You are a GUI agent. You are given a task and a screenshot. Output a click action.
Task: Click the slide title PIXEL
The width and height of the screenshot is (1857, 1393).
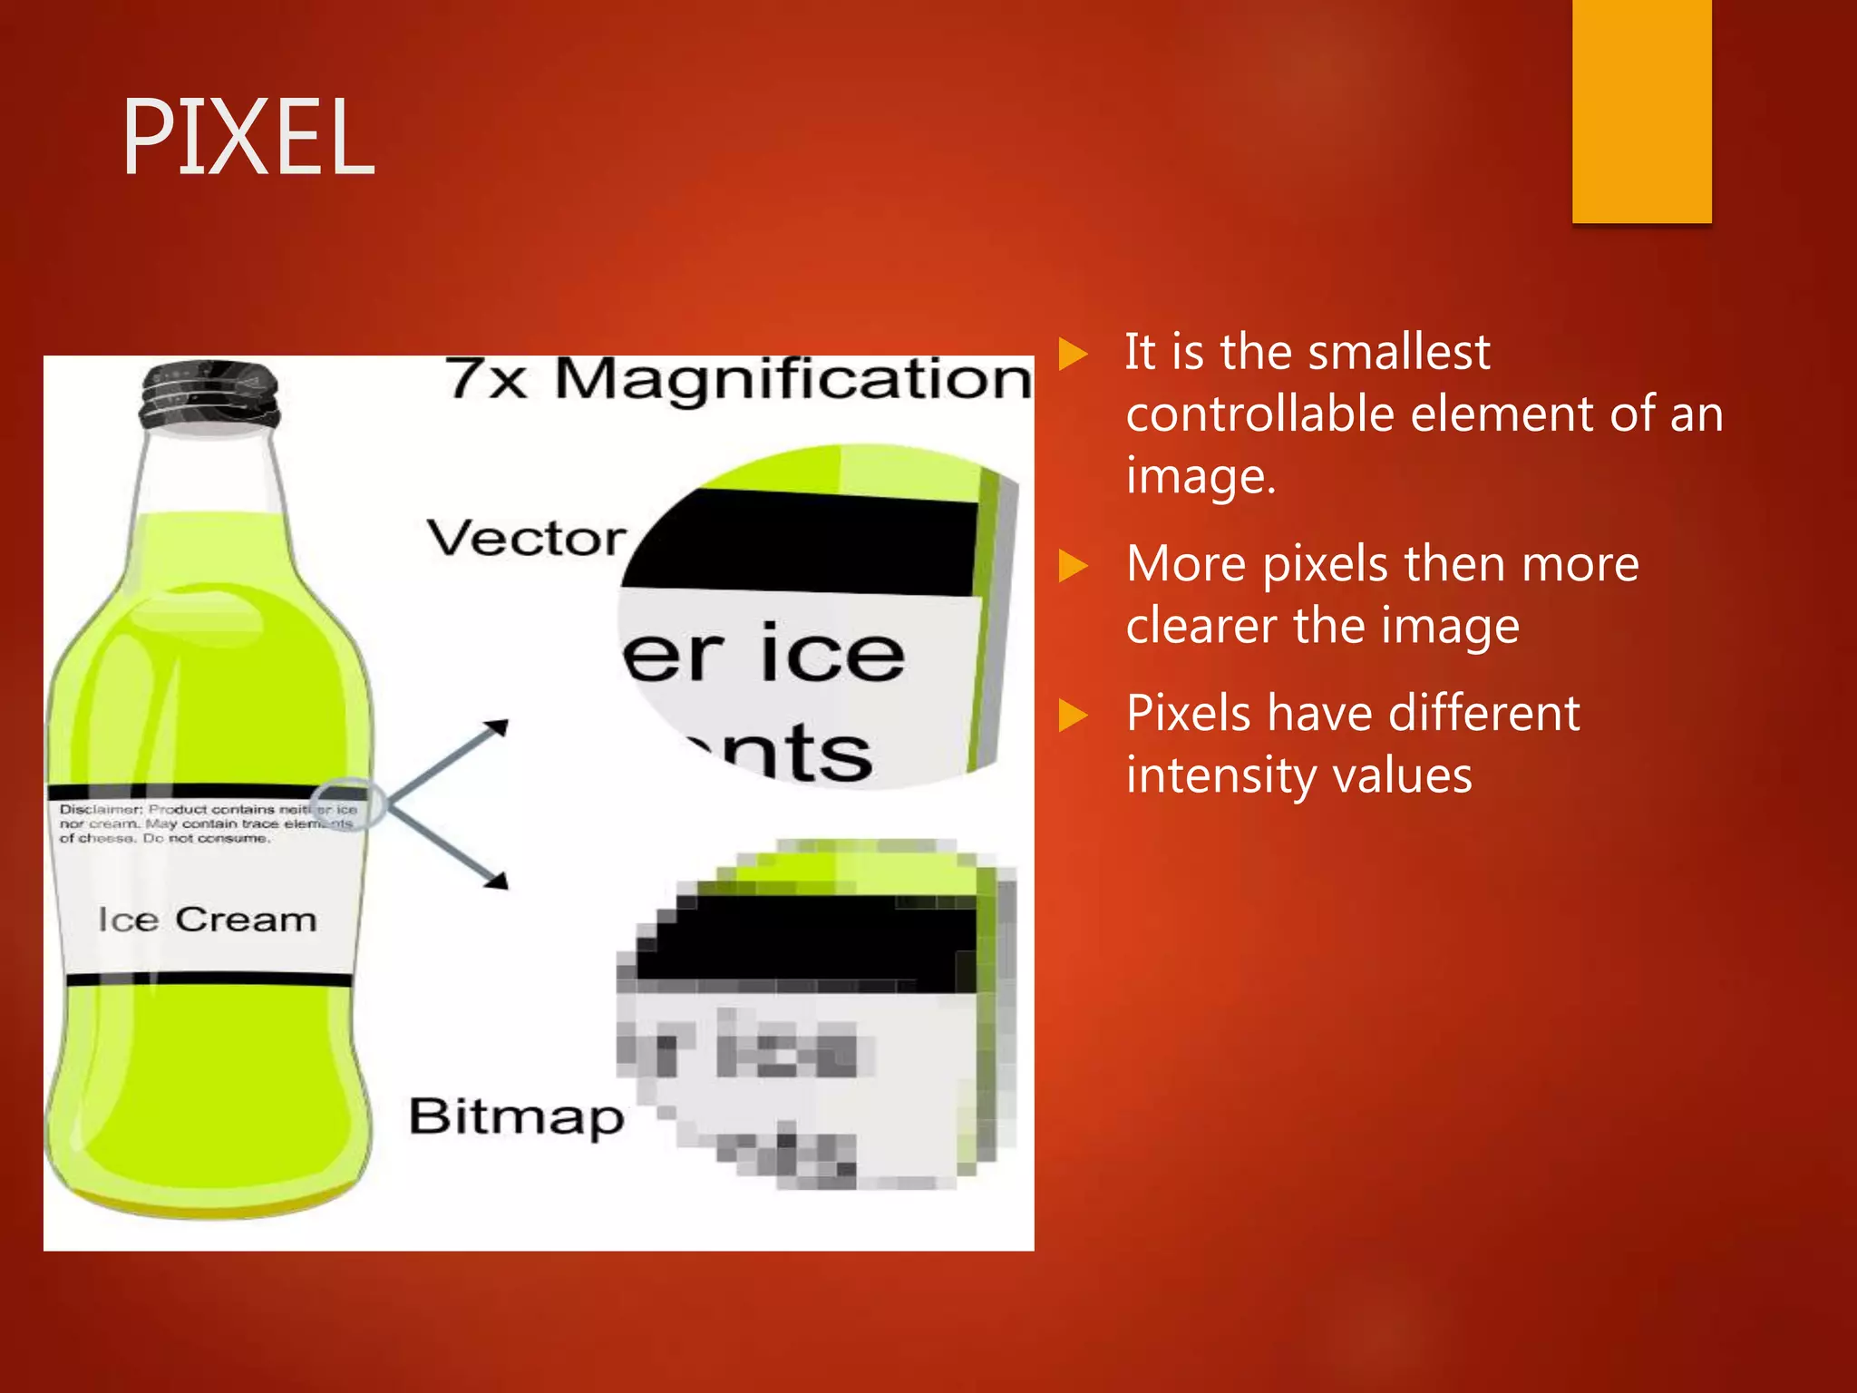248,138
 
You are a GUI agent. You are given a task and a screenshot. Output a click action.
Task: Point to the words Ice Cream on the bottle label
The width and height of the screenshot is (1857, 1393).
208,920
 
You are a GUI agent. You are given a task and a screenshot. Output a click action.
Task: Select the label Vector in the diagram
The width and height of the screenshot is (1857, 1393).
526,539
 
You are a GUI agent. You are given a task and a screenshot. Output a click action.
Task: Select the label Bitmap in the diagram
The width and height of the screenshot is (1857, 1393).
516,1116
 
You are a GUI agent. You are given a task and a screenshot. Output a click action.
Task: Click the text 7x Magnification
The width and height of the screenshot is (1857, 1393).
738,379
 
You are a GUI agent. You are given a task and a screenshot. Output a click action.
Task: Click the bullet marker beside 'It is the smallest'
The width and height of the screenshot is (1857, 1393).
1073,354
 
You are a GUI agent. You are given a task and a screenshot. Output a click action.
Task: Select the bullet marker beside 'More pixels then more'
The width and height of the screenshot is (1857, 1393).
1073,566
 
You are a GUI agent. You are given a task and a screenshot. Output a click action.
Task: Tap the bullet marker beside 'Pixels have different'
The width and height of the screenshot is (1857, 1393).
1073,715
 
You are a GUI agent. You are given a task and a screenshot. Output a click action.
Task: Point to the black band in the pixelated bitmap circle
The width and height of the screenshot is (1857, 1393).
807,943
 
